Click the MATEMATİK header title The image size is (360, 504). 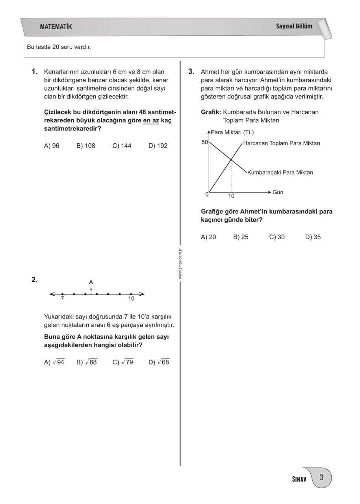56,27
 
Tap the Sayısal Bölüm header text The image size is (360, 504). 294,26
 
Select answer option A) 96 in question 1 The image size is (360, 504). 52,146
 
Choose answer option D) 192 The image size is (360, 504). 158,146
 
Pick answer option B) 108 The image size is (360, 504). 86,146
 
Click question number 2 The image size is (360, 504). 34,280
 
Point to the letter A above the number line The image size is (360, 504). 91,282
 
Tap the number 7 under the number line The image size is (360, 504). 62,299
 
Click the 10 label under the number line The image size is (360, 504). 131,299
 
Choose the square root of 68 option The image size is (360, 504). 159,362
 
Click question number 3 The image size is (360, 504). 191,72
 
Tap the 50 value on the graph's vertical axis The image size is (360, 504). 205,142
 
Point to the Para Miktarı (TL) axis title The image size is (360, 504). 232,132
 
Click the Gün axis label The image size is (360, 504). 278,192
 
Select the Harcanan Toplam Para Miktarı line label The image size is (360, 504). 282,143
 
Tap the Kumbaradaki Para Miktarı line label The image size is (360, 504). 280,172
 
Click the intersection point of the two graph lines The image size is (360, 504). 231,159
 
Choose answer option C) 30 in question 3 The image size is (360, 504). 277,237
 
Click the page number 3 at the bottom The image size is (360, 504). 321,478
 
